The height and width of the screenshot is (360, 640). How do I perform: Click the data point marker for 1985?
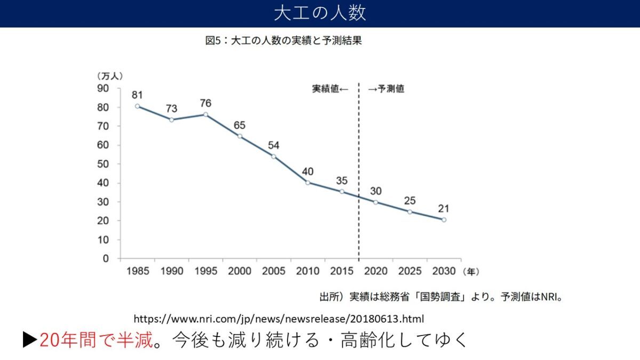pos(137,106)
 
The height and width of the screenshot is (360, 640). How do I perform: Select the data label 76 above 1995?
pos(205,103)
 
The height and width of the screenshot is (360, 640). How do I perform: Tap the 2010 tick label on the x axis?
pos(308,271)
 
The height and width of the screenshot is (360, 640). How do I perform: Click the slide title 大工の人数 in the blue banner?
pos(320,13)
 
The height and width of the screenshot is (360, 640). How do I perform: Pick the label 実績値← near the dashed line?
pos(330,89)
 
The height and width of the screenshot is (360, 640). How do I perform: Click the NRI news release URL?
pos(278,319)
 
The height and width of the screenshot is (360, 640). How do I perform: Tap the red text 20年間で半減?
pos(96,340)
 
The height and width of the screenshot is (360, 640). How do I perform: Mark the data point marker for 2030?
pos(444,220)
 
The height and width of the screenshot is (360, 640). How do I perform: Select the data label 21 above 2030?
pos(444,209)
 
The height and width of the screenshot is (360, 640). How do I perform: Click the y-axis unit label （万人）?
pos(110,76)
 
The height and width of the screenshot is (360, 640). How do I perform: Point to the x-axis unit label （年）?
pos(471,271)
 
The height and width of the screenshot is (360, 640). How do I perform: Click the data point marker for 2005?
pos(274,156)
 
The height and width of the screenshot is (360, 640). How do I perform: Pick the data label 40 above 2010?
pos(308,172)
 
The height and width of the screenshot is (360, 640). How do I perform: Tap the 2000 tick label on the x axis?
pos(239,271)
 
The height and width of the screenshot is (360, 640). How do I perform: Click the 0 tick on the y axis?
pos(106,259)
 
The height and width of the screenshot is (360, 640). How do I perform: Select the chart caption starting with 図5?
pos(284,41)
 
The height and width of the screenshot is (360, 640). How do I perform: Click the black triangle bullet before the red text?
pos(30,340)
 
